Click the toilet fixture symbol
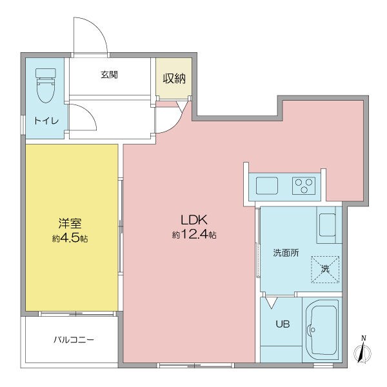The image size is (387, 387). (46, 85)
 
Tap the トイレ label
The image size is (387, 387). (46, 121)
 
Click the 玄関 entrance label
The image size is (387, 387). (110, 75)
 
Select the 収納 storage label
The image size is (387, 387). (174, 79)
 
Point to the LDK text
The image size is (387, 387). (193, 219)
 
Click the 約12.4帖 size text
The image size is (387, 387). (194, 235)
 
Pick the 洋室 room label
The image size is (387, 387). (70, 223)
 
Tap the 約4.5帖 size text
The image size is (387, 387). (70, 238)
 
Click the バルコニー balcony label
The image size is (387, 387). (74, 340)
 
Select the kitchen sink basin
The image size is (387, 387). (267, 186)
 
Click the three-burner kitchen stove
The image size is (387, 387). (304, 186)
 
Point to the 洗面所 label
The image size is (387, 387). (286, 253)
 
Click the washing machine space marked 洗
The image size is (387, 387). (325, 269)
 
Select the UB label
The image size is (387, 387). (283, 324)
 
